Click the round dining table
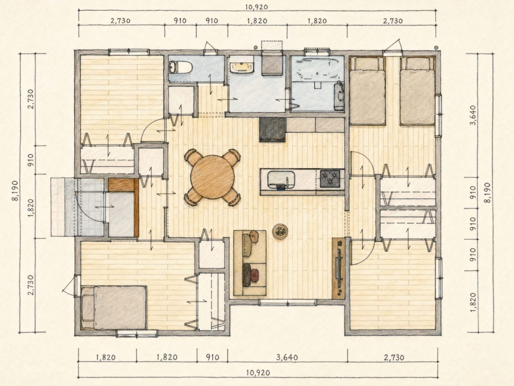[x=212, y=177]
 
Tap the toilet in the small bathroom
[x=181, y=68]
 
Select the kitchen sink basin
[x=281, y=180]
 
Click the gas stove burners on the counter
[x=330, y=179]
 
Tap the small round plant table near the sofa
[x=280, y=232]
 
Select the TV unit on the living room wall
[x=338, y=268]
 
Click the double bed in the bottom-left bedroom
[x=114, y=308]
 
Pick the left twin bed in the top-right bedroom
[x=367, y=91]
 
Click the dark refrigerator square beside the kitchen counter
[x=272, y=129]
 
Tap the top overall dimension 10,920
[x=257, y=7]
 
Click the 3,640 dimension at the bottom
[x=287, y=357]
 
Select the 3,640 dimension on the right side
[x=473, y=115]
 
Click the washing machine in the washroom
[x=272, y=64]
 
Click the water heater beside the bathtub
[x=339, y=96]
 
